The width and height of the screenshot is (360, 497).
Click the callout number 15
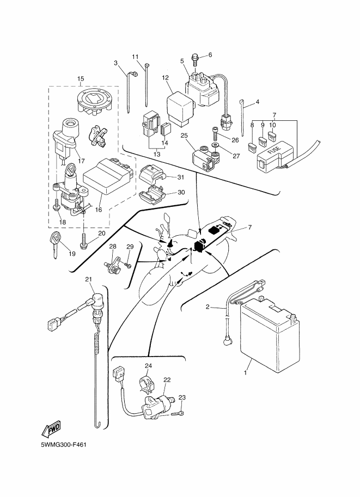tap(81, 79)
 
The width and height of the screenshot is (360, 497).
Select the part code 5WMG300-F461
tap(64, 445)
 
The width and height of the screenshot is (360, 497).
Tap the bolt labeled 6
tap(197, 56)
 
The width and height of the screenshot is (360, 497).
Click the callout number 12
tap(165, 78)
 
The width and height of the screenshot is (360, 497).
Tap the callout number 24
tap(148, 365)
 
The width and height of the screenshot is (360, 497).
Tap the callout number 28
tap(113, 247)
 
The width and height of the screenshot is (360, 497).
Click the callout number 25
tap(184, 136)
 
